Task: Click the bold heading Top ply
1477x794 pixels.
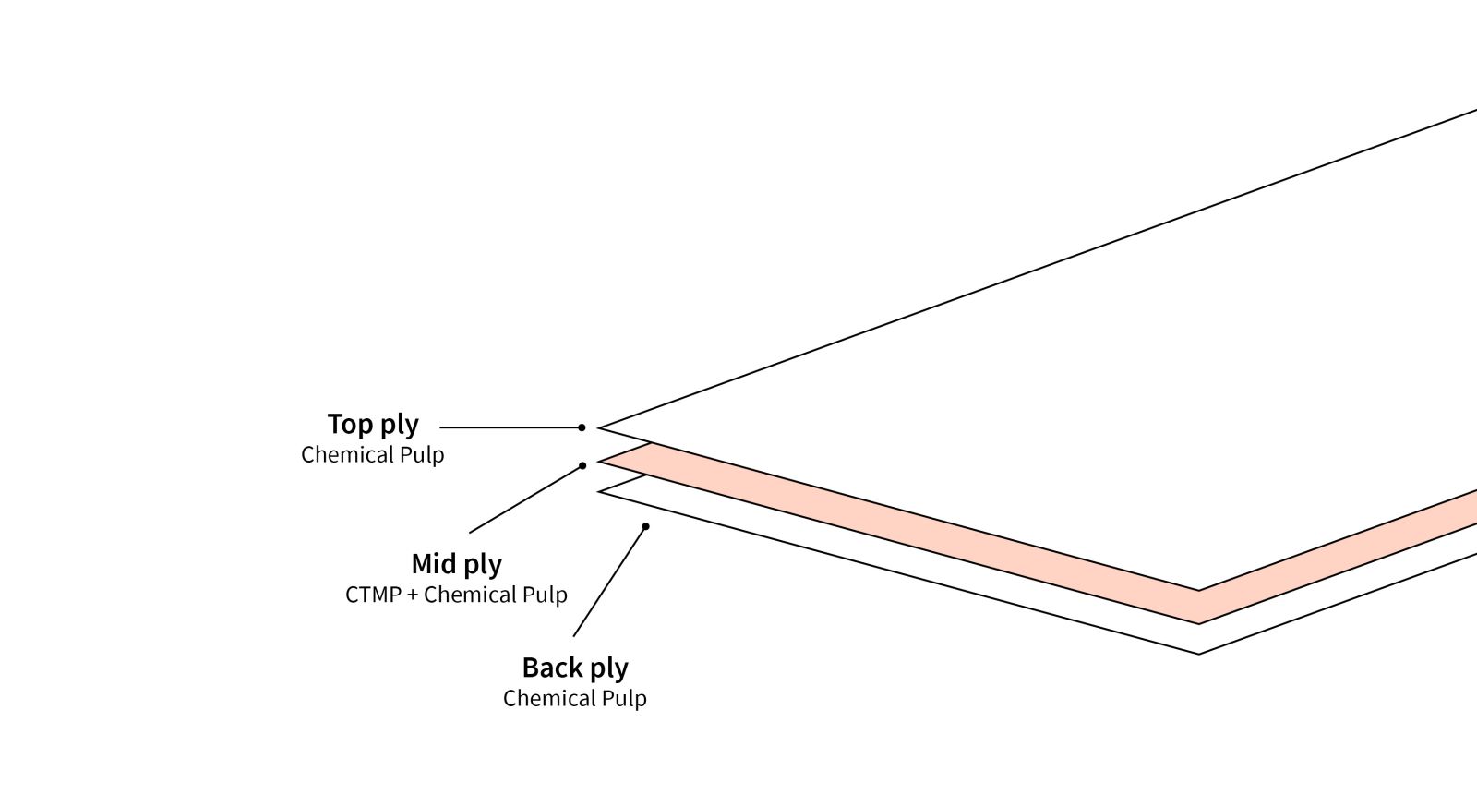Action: click(x=373, y=425)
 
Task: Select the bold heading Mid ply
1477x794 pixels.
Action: click(x=456, y=564)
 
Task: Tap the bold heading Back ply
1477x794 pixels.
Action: click(x=574, y=668)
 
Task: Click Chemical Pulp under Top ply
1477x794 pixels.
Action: click(x=372, y=455)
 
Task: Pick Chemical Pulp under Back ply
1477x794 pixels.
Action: click(x=574, y=699)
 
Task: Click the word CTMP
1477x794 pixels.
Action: click(x=373, y=595)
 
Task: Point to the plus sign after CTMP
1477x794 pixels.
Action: click(x=413, y=595)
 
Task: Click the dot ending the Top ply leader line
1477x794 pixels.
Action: click(x=582, y=427)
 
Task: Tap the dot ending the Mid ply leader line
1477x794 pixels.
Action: click(x=582, y=465)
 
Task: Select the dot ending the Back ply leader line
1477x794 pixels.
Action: click(x=646, y=526)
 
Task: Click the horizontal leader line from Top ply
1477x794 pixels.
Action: click(x=508, y=427)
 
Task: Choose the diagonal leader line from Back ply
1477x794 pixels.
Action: click(x=609, y=582)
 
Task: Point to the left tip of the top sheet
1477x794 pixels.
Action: click(x=600, y=427)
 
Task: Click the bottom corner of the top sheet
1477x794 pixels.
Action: click(x=1199, y=589)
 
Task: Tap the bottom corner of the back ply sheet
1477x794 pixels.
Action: click(x=1199, y=653)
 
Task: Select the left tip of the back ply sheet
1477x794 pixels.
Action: click(x=601, y=491)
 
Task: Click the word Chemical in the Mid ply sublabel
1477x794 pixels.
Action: click(x=462, y=595)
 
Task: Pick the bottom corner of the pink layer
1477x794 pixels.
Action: click(x=1199, y=622)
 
